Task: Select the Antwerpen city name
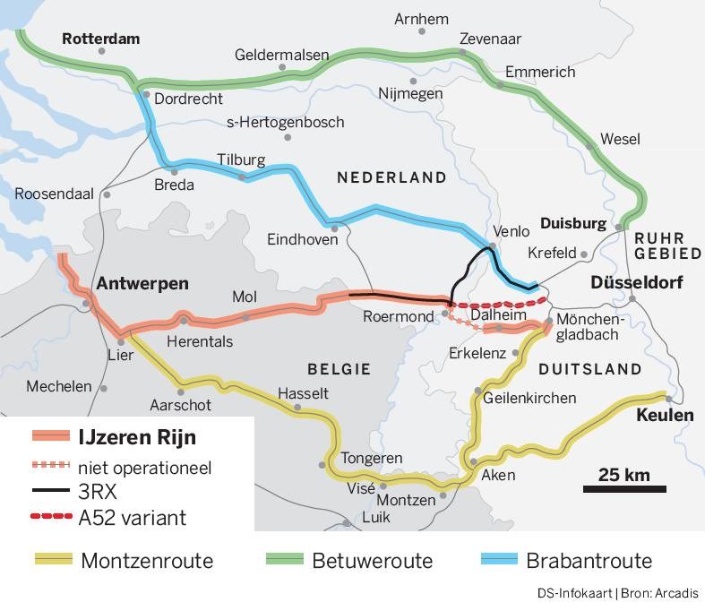click(x=142, y=283)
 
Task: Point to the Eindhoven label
click(x=303, y=239)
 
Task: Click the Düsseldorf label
click(x=636, y=283)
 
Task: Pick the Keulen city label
click(x=665, y=416)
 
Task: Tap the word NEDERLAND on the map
click(x=391, y=177)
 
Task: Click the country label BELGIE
click(x=339, y=368)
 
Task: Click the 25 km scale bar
click(x=624, y=487)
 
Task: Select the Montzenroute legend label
click(x=147, y=562)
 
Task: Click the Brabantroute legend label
click(x=589, y=562)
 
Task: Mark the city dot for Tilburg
click(x=243, y=176)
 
